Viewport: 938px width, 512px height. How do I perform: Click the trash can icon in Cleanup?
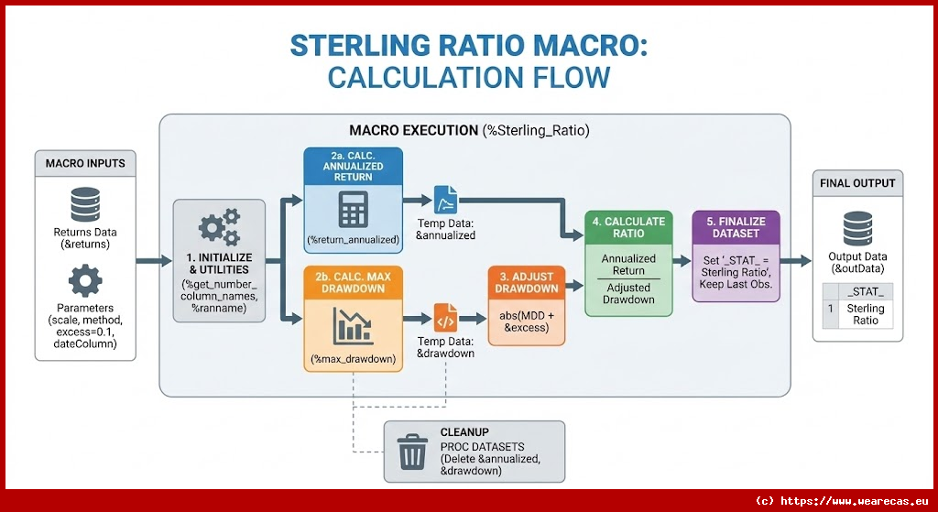click(x=411, y=451)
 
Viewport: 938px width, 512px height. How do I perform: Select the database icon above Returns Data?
click(x=84, y=203)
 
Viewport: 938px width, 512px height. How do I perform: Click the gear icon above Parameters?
click(x=84, y=279)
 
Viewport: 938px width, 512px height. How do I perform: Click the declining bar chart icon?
click(x=353, y=326)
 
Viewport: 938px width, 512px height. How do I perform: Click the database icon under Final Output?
click(x=858, y=227)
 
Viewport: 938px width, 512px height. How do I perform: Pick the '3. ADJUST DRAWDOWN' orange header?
click(x=527, y=282)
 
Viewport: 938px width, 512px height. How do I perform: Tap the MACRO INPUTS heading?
click(x=85, y=164)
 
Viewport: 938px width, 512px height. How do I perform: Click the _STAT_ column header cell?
click(x=866, y=291)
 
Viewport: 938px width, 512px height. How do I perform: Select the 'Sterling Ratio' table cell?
click(x=866, y=314)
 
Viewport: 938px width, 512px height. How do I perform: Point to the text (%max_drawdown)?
click(x=353, y=359)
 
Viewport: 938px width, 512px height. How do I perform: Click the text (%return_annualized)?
click(x=353, y=240)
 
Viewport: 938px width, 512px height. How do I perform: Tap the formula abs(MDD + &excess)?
click(x=527, y=321)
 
